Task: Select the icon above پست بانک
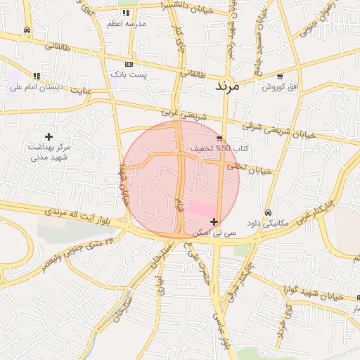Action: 128,63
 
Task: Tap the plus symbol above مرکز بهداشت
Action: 49,136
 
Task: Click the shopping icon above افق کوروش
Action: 280,76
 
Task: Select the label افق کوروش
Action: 281,86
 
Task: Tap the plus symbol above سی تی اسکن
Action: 214,221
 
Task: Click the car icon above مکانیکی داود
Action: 268,212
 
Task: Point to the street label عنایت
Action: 82,90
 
